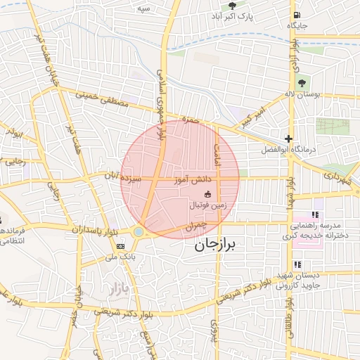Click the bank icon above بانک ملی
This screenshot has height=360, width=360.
(120, 245)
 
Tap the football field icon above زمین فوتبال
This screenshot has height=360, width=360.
(207, 194)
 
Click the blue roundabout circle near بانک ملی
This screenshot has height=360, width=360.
(139, 231)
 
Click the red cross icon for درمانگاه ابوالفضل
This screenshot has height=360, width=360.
(288, 139)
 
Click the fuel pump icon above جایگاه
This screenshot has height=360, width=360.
(298, 15)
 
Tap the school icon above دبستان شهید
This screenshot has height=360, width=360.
(297, 264)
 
